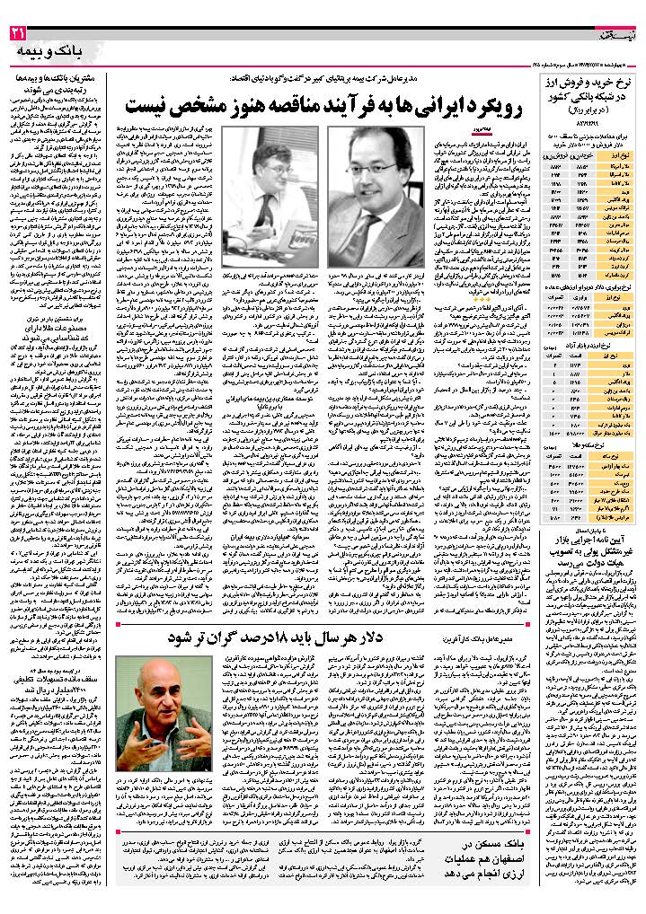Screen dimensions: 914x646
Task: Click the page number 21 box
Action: (x=19, y=35)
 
